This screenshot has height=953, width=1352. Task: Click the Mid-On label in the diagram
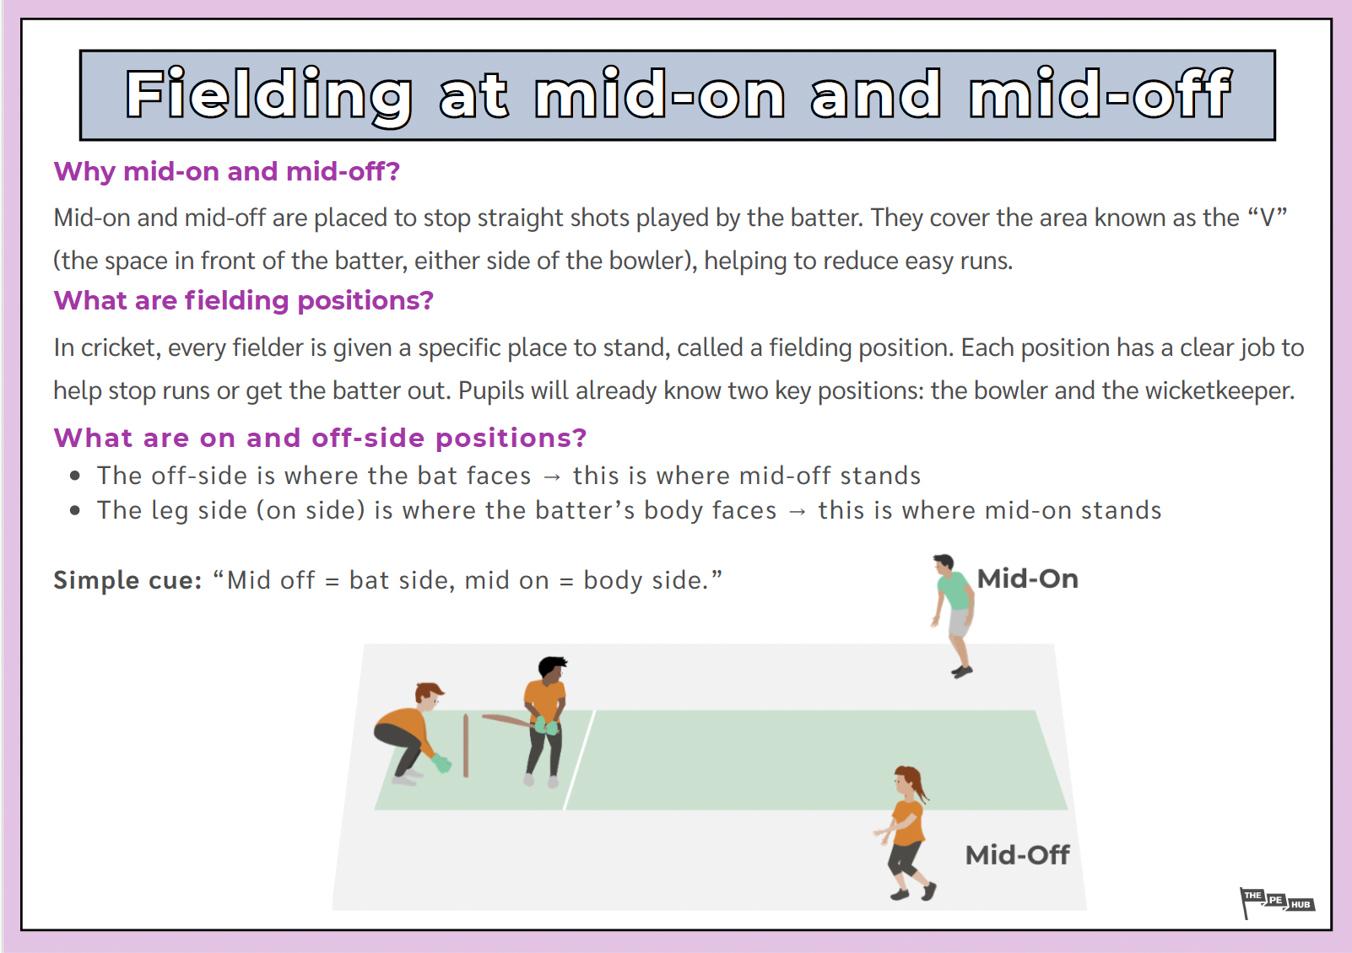[x=1027, y=579]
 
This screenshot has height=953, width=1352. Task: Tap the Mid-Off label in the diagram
[x=1017, y=855]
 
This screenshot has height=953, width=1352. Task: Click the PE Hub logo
[x=1276, y=902]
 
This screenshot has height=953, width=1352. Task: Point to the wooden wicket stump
[x=466, y=746]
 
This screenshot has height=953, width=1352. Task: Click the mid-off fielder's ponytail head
[x=910, y=781]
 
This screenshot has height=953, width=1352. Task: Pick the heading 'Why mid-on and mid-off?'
[x=226, y=171]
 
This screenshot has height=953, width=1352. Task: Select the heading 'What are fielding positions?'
[x=243, y=300]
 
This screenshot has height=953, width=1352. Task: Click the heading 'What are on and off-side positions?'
[x=320, y=438]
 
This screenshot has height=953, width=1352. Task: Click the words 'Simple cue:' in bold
[x=127, y=580]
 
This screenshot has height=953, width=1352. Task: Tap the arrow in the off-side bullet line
[x=552, y=477]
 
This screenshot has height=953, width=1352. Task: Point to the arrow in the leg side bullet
[x=797, y=512]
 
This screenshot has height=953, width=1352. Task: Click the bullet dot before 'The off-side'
[x=76, y=476]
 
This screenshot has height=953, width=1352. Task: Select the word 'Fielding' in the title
[x=268, y=95]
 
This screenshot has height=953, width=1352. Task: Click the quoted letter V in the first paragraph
[x=1266, y=218]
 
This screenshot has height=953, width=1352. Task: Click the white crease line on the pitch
[x=579, y=760]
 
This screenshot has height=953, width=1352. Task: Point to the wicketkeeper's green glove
[x=441, y=764]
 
